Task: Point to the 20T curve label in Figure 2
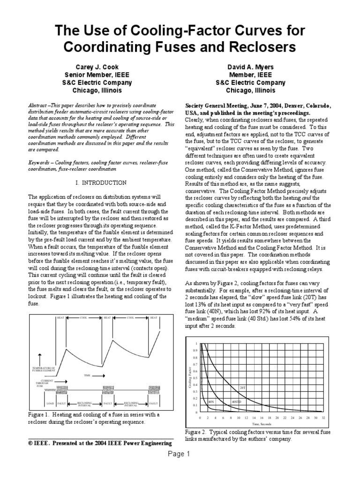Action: coord(242,388)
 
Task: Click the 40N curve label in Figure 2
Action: coord(211,402)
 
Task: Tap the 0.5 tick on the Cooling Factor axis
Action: coord(195,377)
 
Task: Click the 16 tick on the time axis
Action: coord(262,417)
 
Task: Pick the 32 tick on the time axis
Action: coord(324,417)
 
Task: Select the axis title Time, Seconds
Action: coord(262,423)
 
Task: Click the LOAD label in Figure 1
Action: coord(50,403)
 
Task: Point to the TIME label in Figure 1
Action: coord(87,375)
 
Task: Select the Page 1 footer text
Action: coord(180,454)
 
